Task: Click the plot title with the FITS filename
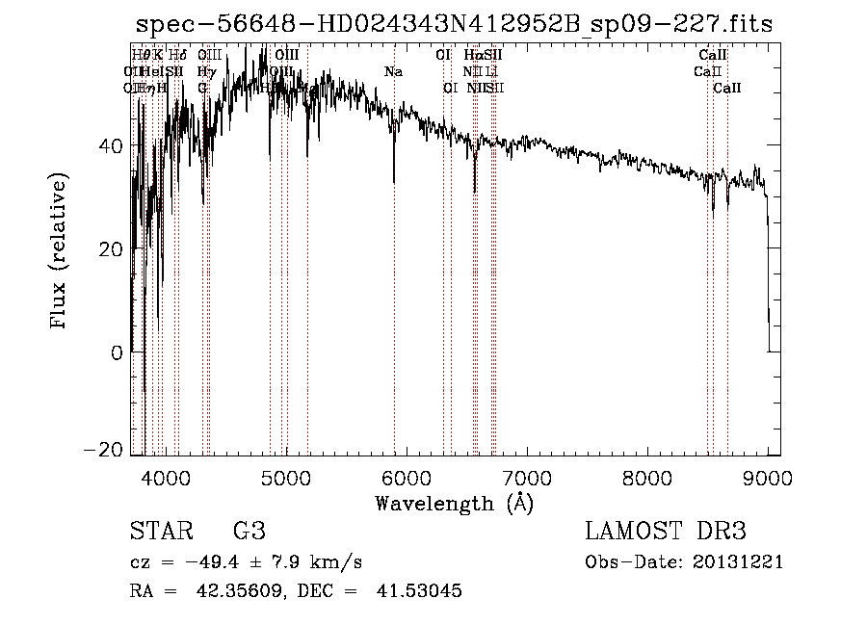(454, 24)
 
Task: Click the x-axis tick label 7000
(526, 476)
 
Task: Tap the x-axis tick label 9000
(767, 476)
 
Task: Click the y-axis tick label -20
(104, 450)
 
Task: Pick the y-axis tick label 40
(111, 145)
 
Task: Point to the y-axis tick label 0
(117, 352)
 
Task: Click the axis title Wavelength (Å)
(454, 503)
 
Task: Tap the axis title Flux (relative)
(61, 251)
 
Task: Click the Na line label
(393, 71)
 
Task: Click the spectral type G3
(250, 532)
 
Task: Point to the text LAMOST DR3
(665, 532)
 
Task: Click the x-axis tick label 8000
(646, 476)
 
